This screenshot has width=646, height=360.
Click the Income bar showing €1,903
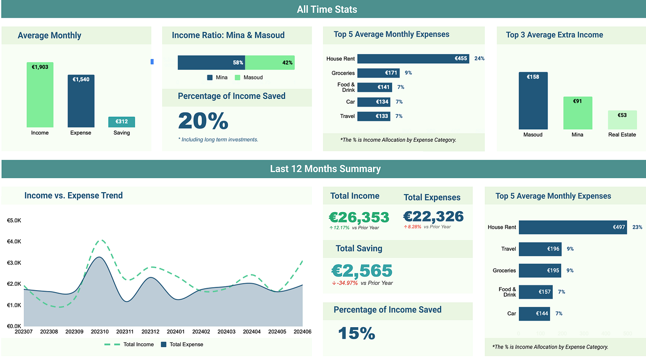[x=40, y=95]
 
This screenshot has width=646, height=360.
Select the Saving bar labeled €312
[x=121, y=122]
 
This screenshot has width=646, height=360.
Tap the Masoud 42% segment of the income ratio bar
[x=270, y=63]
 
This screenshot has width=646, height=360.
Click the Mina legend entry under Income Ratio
[x=217, y=78]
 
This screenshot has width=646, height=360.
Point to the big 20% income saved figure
[x=203, y=121]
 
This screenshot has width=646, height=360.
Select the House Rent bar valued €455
[x=413, y=58]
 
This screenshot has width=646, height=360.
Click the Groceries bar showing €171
[x=378, y=73]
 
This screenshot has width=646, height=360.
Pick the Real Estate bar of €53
[x=622, y=120]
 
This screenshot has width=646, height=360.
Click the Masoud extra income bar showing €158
[x=533, y=101]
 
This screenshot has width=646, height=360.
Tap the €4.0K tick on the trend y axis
[x=14, y=242]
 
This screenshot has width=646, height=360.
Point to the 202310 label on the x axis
[x=100, y=331]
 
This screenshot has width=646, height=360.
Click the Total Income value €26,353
[x=359, y=217]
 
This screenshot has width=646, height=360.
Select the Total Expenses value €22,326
[x=433, y=216]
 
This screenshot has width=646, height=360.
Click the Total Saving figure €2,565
[x=362, y=271]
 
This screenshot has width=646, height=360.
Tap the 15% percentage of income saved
[x=356, y=333]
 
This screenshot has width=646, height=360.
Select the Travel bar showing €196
[x=540, y=249]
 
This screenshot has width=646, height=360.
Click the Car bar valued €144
[x=534, y=314]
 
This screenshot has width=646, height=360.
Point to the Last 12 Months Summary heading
[x=325, y=169]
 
